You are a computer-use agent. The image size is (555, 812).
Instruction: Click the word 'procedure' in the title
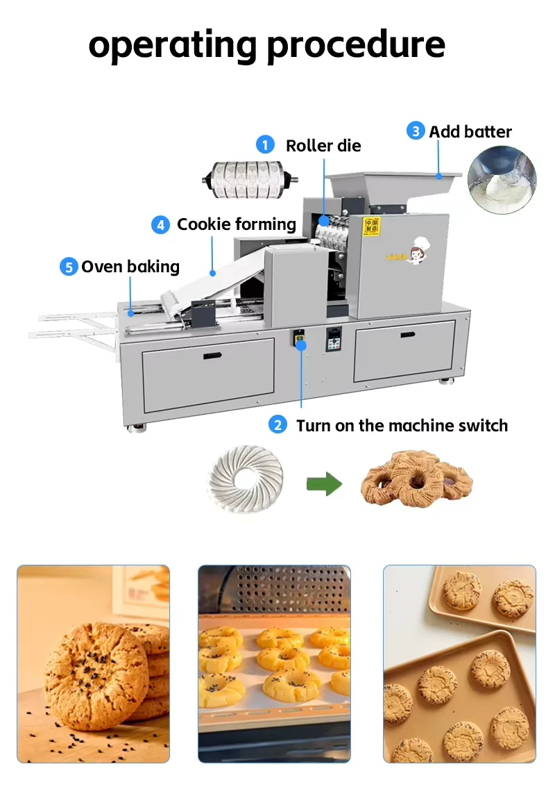356,45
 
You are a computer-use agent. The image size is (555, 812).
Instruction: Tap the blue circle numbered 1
265,144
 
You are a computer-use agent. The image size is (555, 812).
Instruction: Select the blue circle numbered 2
277,425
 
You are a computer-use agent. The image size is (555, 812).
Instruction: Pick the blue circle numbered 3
416,131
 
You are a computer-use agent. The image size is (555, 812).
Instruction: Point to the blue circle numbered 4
160,224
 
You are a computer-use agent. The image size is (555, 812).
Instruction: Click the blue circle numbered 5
68,267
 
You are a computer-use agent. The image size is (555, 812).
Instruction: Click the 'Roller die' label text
323,145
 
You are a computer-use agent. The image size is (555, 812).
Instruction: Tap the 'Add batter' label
470,131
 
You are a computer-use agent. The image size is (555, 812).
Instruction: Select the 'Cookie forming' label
237,224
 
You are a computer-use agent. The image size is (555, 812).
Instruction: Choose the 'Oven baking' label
130,267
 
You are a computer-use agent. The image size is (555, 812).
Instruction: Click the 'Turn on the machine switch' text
402,425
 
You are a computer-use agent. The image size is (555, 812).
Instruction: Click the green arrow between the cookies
325,483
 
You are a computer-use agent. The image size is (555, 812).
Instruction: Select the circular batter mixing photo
501,182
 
